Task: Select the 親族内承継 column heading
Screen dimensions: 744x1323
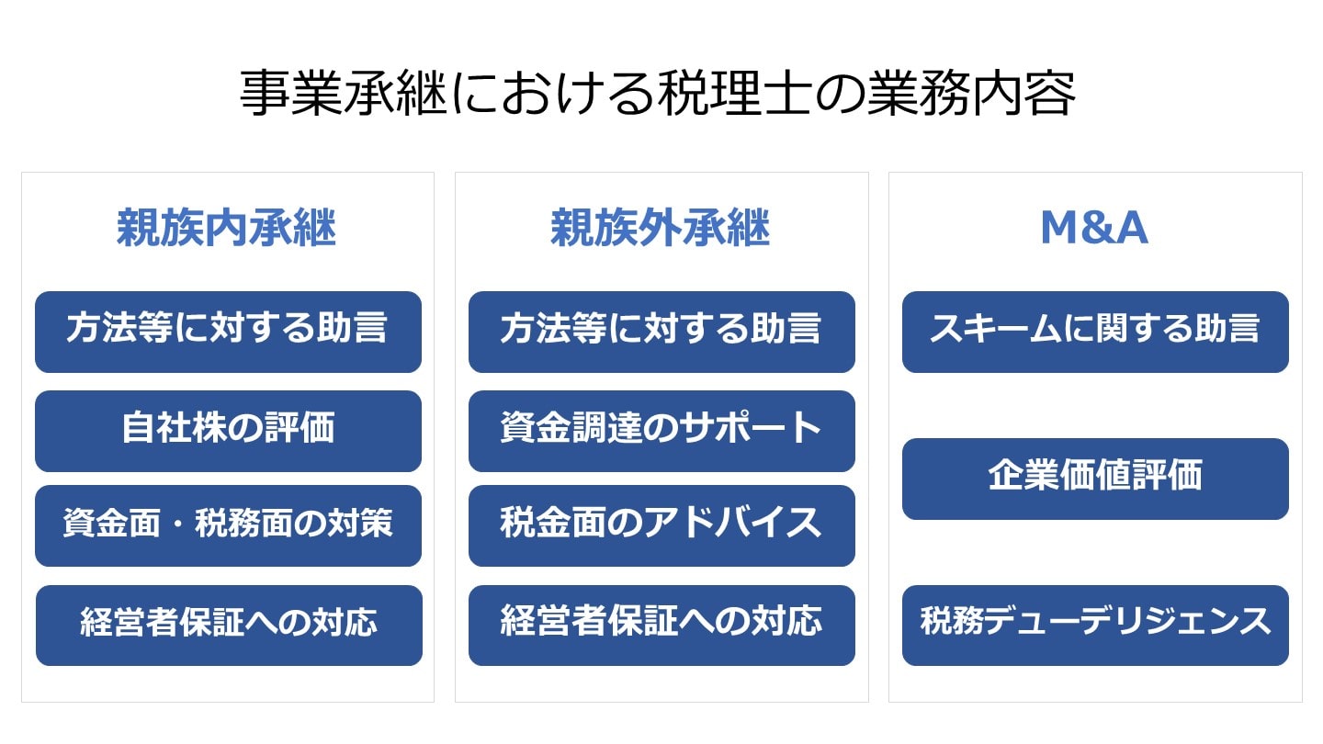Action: (227, 229)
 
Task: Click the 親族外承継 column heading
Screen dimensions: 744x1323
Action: (661, 229)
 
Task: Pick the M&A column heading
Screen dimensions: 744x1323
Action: (1094, 229)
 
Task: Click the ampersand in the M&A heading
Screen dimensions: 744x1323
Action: (1094, 229)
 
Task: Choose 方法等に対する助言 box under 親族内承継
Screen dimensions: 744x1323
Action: (228, 332)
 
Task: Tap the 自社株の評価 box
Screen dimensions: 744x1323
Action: (228, 430)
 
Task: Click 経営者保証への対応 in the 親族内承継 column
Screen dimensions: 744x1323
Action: (228, 625)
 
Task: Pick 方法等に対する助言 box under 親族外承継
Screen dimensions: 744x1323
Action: (661, 332)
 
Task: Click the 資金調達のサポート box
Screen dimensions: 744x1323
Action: (661, 430)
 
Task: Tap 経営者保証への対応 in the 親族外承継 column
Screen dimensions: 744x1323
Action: (661, 625)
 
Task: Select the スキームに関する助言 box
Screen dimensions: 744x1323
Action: (1095, 332)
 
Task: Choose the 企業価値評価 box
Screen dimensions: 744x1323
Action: (1095, 479)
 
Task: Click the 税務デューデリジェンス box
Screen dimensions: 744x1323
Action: (1095, 625)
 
